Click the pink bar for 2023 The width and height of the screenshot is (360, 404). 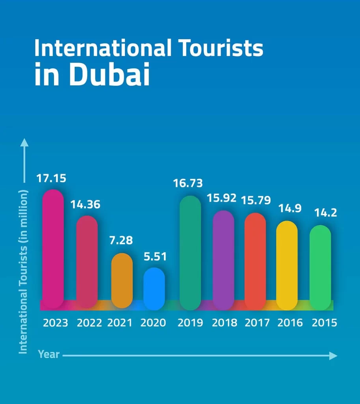53,249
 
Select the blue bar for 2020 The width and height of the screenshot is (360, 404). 154,288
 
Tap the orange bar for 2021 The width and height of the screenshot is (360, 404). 122,281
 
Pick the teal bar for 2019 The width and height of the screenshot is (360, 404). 190,252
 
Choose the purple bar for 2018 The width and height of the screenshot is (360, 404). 223,260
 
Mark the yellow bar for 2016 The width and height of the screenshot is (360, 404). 287,265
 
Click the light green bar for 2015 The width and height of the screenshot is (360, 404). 320,267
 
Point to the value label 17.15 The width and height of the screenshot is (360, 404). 51,178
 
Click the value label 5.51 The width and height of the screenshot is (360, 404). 155,257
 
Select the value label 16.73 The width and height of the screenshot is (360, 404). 188,183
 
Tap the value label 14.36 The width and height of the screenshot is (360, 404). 85,205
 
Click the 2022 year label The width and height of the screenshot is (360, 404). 89,323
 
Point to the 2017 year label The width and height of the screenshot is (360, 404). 257,323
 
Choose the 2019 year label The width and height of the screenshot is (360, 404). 190,323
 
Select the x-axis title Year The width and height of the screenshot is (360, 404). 49,354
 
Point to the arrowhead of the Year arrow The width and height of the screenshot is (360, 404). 334,356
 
